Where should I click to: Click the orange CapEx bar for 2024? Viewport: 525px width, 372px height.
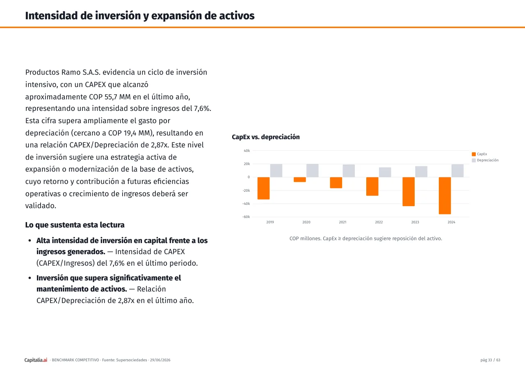click(445, 195)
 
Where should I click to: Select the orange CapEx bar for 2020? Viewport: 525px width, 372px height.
click(300, 179)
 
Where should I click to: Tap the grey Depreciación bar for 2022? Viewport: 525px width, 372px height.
click(385, 172)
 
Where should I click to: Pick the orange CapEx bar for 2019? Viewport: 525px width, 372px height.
click(263, 188)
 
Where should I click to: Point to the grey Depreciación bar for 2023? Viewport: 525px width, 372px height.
click(421, 172)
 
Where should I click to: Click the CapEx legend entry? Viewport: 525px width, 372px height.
click(479, 154)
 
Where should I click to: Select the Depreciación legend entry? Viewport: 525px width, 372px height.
click(485, 160)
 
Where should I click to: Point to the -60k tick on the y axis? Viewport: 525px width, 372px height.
click(246, 217)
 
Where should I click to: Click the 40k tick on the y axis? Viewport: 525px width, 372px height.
click(247, 151)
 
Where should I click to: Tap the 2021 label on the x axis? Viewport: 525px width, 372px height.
click(342, 222)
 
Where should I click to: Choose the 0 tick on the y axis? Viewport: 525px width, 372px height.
click(249, 177)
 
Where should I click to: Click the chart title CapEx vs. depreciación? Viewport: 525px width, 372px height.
click(265, 137)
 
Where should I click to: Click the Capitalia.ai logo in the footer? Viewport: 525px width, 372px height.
click(36, 360)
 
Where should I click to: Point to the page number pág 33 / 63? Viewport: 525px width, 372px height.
click(490, 360)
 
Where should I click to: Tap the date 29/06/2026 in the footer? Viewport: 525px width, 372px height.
click(160, 360)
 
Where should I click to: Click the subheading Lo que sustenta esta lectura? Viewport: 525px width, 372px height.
click(75, 225)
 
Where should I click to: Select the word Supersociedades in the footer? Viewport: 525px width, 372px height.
click(132, 360)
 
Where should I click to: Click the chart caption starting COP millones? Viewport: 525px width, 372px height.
click(365, 239)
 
